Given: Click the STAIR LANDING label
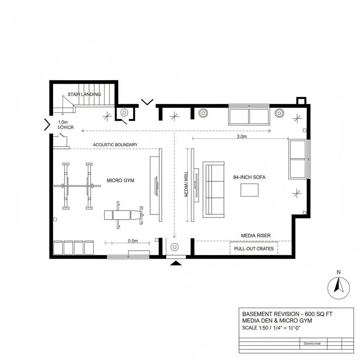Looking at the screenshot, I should pyautogui.click(x=84, y=94).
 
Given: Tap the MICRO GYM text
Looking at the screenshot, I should pyautogui.click(x=120, y=180).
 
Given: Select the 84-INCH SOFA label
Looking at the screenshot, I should pyautogui.click(x=249, y=178).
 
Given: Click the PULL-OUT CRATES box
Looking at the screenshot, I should pyautogui.click(x=253, y=248).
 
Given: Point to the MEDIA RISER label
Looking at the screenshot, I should pyautogui.click(x=256, y=235).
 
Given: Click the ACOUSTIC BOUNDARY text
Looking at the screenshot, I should pyautogui.click(x=115, y=144).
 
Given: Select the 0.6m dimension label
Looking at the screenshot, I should pyautogui.click(x=133, y=241).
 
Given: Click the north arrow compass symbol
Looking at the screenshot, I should pyautogui.click(x=339, y=287).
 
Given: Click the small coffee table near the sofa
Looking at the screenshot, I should pyautogui.click(x=249, y=190).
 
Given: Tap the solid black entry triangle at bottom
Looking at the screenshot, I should pyautogui.click(x=176, y=263).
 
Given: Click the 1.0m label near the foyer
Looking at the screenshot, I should pyautogui.click(x=62, y=122).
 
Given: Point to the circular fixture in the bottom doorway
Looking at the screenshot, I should pyautogui.click(x=175, y=247).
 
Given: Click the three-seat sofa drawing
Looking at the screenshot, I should pyautogui.click(x=213, y=189).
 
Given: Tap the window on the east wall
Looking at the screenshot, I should pyautogui.click(x=298, y=159).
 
